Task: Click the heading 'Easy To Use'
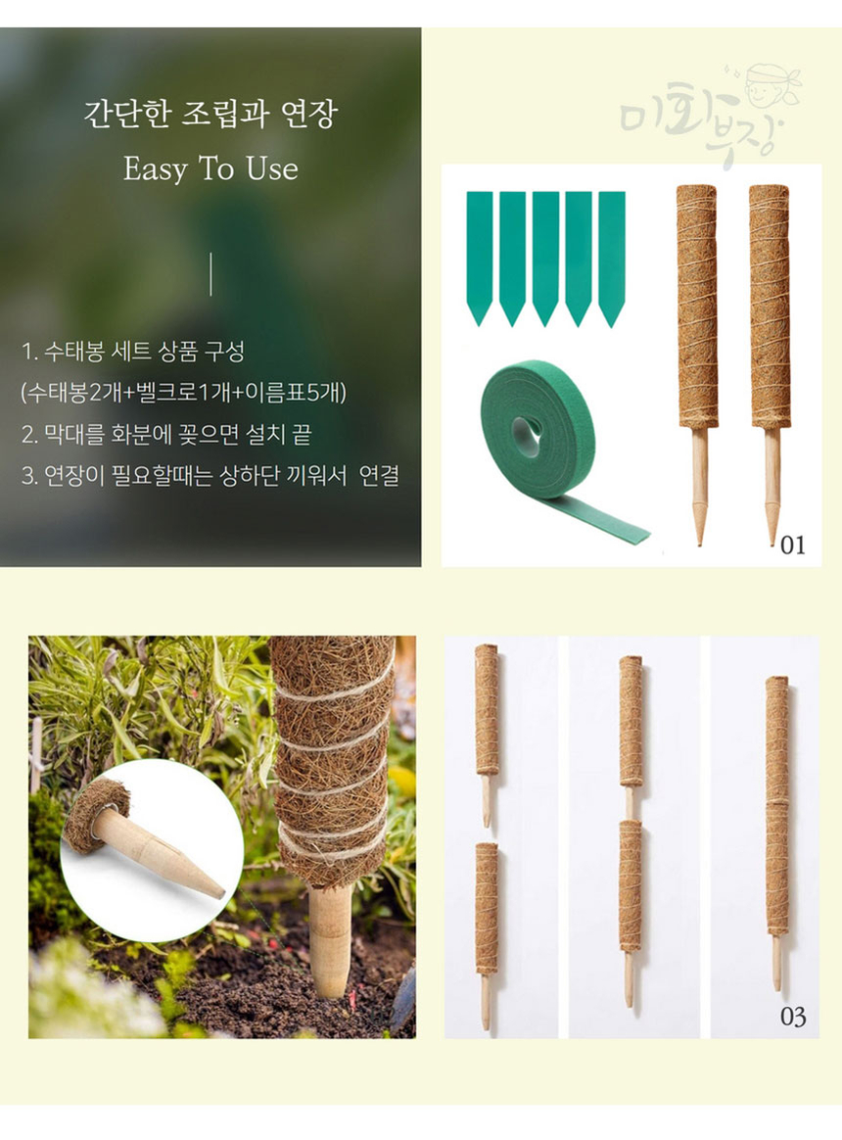click(x=210, y=168)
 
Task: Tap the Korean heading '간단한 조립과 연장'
click(x=210, y=115)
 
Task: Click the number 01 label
click(x=792, y=545)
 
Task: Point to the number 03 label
click(x=792, y=1016)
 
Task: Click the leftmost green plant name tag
click(x=479, y=259)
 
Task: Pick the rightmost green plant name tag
click(x=612, y=259)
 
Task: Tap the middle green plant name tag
click(x=545, y=259)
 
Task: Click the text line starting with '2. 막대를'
click(x=166, y=435)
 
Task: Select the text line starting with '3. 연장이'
click(x=210, y=476)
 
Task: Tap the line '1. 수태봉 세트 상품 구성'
click(x=133, y=352)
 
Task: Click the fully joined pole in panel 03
click(x=777, y=833)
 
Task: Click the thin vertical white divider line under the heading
click(x=210, y=274)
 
